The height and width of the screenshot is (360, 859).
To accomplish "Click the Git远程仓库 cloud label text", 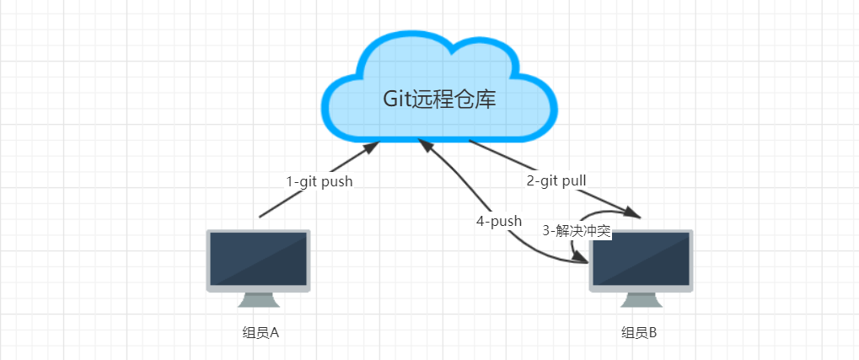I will point(439,99).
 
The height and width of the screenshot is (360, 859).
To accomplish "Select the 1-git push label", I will point(319,181).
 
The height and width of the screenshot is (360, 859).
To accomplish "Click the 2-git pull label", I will point(556,180).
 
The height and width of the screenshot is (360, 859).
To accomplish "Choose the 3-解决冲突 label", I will point(577,229).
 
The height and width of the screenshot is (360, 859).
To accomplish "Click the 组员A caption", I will point(260,332).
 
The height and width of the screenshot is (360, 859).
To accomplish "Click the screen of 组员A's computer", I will point(259,259).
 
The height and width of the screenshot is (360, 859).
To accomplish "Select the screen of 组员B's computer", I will point(641,259).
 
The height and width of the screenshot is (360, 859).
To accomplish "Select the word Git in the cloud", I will point(397,99).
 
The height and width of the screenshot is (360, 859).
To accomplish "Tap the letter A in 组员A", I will point(273,332).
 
